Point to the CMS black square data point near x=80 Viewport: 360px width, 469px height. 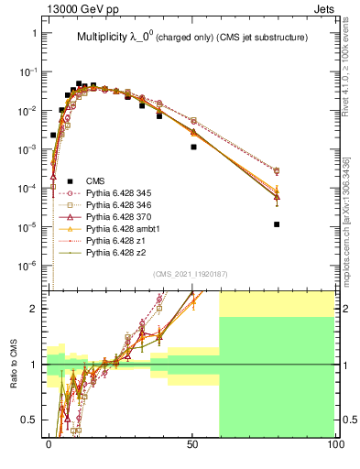tap(277, 224)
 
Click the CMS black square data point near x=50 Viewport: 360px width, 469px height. tap(193, 147)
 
